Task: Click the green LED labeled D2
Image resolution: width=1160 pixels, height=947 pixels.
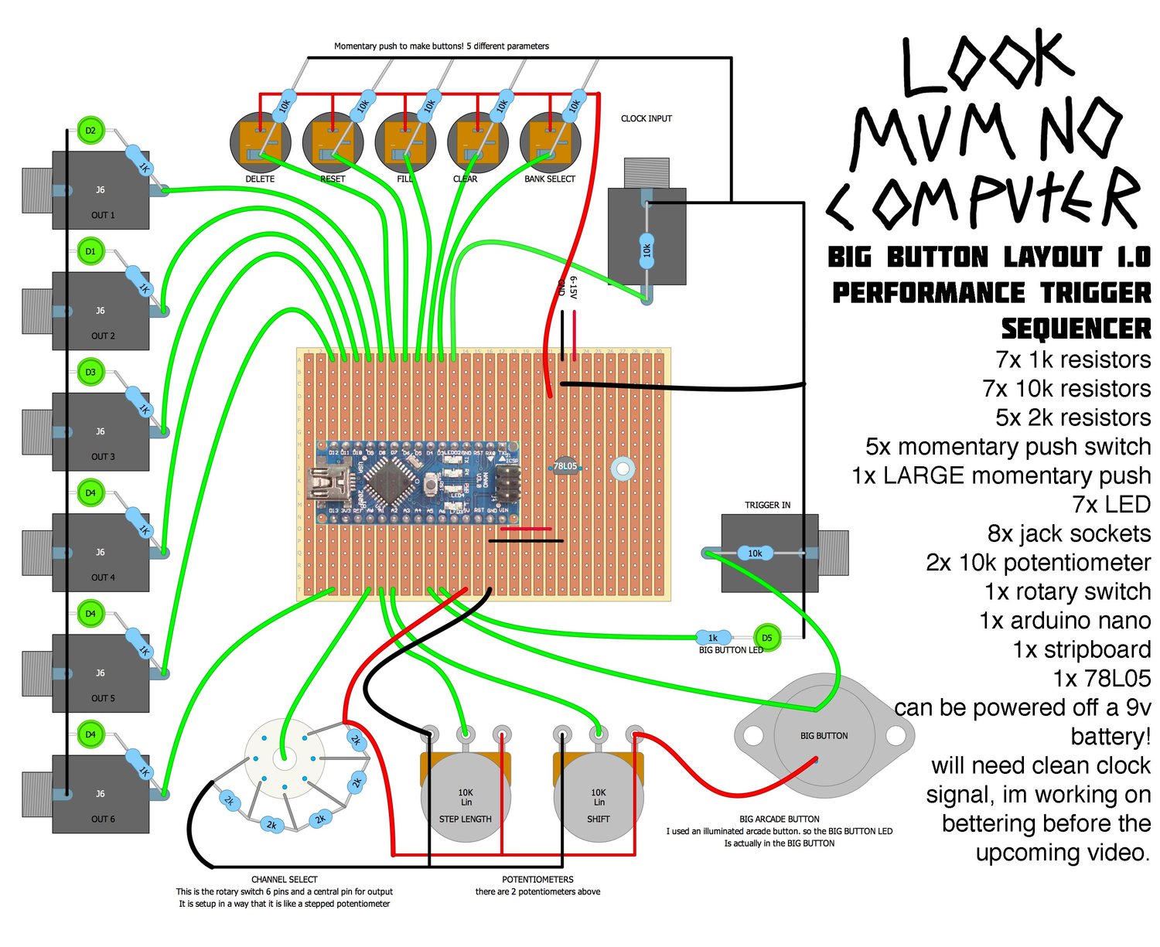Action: coord(90,131)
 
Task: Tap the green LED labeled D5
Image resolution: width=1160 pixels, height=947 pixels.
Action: coord(766,638)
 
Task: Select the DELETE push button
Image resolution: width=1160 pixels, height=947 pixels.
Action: coord(261,143)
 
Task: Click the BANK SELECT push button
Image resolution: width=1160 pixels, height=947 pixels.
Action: coord(550,143)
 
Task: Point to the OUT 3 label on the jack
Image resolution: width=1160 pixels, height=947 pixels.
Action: coord(103,457)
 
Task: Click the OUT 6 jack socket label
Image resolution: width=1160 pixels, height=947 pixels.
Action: coord(103,819)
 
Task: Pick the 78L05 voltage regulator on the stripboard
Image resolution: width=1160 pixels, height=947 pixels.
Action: coord(565,466)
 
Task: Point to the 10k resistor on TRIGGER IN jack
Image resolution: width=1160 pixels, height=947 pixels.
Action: coord(755,553)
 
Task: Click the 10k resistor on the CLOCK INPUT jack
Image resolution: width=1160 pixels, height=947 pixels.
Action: coord(647,250)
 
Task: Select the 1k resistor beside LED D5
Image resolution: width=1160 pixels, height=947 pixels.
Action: coord(712,638)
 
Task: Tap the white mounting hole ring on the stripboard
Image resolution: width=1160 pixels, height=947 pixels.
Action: coord(623,468)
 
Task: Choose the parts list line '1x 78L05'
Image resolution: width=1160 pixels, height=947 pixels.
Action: coord(1101,679)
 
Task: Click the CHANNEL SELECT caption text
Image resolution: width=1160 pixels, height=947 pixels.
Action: coord(285,880)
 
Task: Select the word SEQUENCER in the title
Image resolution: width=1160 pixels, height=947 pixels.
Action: coord(1076,329)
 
